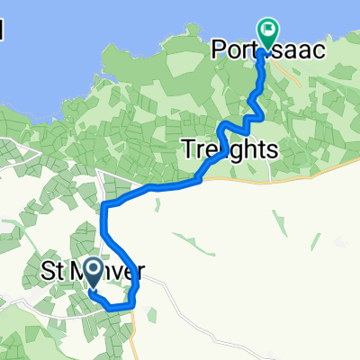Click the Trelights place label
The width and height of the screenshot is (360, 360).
[x=229, y=149]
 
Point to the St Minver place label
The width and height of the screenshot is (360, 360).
[x=94, y=269]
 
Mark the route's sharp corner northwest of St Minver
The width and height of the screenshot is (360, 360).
[x=104, y=206]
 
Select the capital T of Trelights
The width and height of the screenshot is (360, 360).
[x=187, y=149]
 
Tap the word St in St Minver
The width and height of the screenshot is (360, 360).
[x=53, y=269]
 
